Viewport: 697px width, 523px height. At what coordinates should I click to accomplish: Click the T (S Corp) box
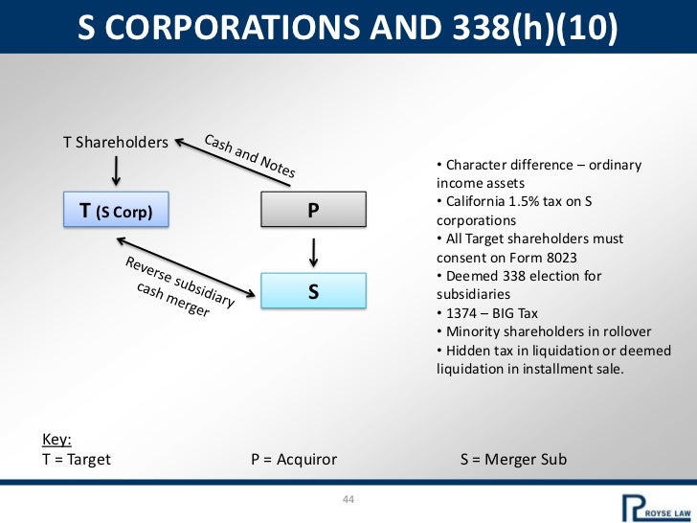point(116,211)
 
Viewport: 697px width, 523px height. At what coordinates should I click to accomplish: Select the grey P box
point(313,211)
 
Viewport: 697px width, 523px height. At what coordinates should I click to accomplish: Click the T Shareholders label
point(115,143)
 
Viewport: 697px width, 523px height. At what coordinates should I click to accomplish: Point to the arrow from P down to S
point(313,251)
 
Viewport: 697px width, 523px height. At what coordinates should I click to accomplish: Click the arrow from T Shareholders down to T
point(116,170)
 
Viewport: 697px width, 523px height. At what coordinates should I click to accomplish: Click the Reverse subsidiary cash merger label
point(177,286)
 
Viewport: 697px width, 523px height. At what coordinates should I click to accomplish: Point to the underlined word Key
point(56,440)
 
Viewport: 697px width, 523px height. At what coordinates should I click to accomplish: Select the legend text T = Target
point(78,459)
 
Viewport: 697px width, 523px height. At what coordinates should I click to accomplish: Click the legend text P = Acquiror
point(294,459)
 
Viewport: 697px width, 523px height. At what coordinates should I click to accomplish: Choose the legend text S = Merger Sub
point(513,459)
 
